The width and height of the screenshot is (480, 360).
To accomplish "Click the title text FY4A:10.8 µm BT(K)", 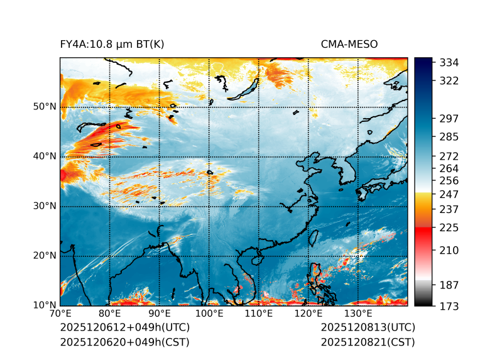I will coord(112,44).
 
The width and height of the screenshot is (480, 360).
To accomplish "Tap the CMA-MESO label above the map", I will coord(349,44).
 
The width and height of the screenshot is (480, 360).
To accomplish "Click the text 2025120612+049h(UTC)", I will coord(124,328).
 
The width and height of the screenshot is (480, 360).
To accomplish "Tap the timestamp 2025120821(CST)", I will coord(368,342).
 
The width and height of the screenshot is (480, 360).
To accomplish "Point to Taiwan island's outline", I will coord(314,238).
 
